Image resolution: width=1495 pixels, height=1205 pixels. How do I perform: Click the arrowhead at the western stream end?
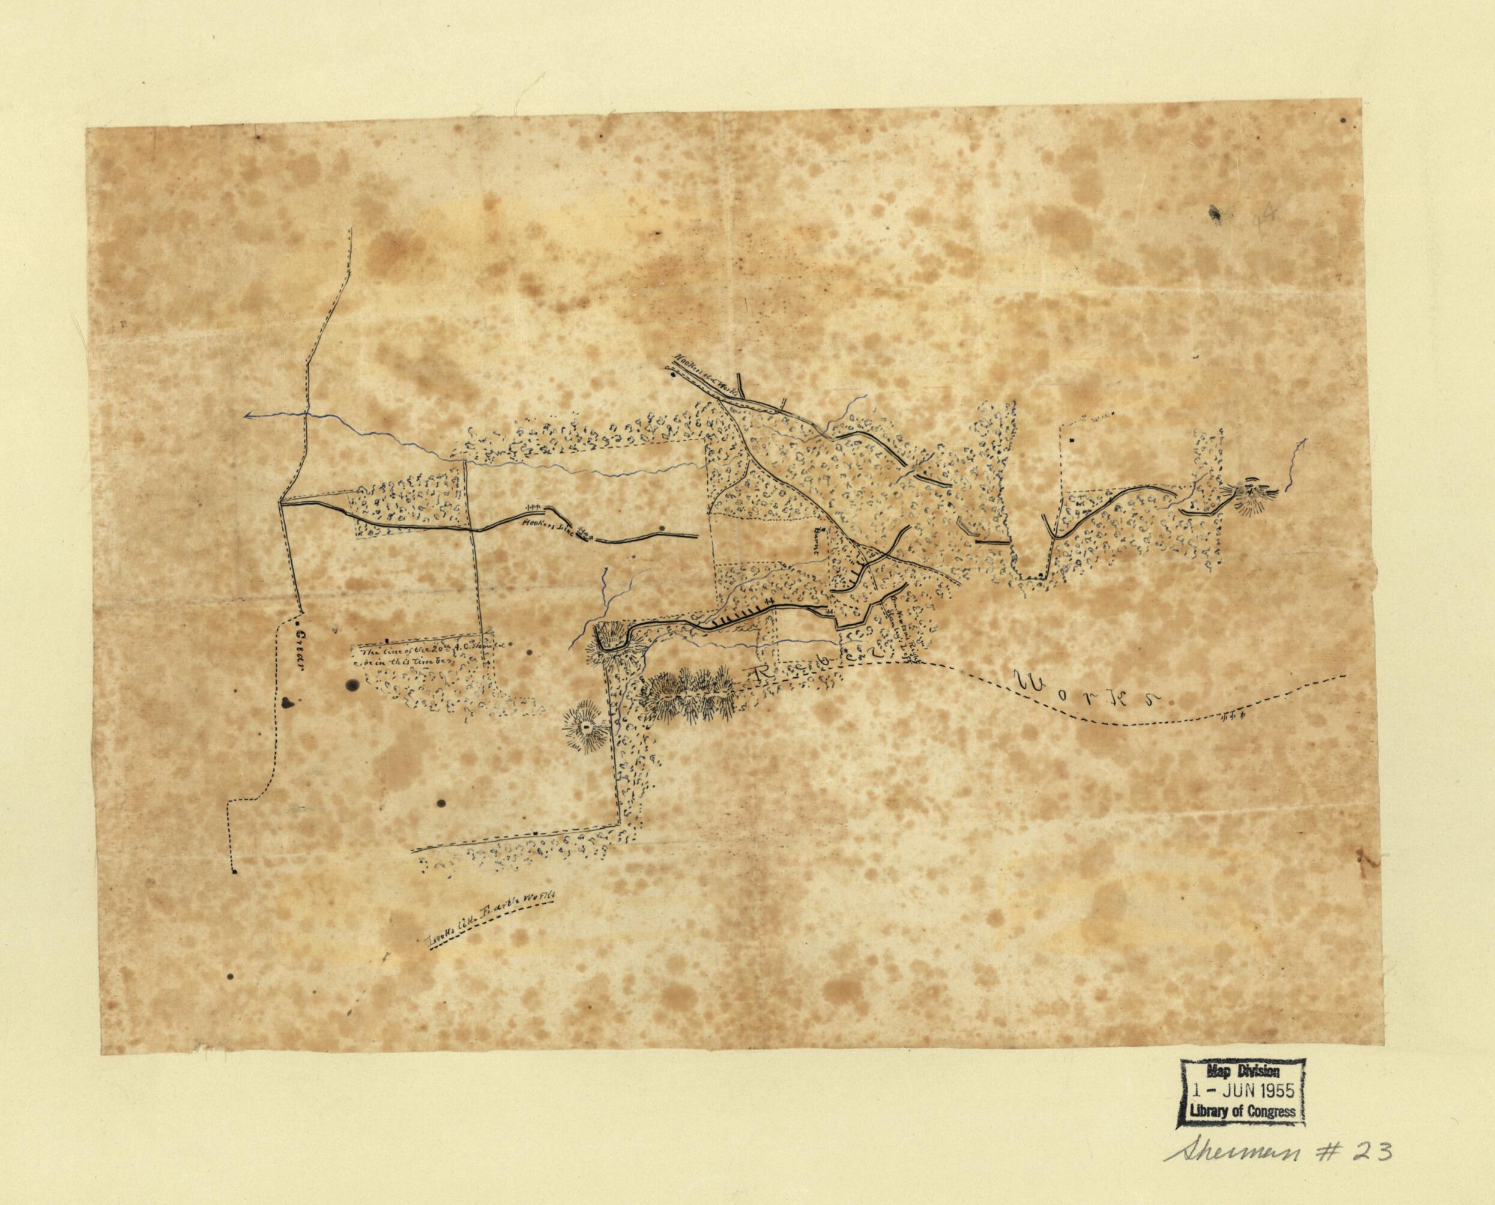click(248, 416)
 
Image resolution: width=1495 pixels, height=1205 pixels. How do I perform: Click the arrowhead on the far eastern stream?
click(1305, 440)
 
